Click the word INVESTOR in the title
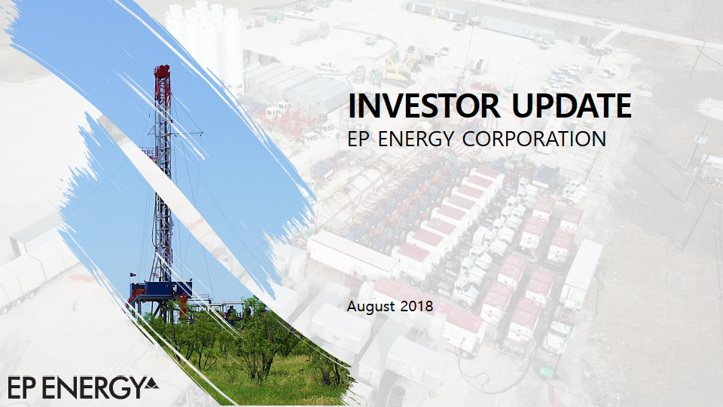pos(424,106)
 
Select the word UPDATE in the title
pos(572,106)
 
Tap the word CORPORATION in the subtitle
pos(534,139)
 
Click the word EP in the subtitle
pos(358,139)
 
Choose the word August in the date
pos(371,307)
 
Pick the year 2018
pos(416,307)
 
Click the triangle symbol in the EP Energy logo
pos(151,383)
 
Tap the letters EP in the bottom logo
pos(21,387)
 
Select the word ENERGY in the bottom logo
pos(92,387)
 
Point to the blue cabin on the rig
pos(161,289)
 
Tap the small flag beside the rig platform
pos(133,274)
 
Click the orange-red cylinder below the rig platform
pos(183,304)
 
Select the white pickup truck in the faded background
pos(328,67)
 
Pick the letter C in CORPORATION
pos(470,139)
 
